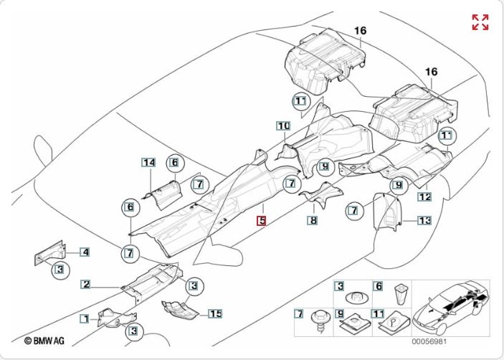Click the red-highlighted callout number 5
tap(262, 222)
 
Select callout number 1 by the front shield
tap(84, 318)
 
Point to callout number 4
tap(85, 252)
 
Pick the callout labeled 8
tap(313, 221)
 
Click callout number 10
tap(283, 126)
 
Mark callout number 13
tap(424, 221)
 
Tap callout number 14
tap(148, 163)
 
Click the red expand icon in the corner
tap(480, 22)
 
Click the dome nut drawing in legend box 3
tap(356, 296)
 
